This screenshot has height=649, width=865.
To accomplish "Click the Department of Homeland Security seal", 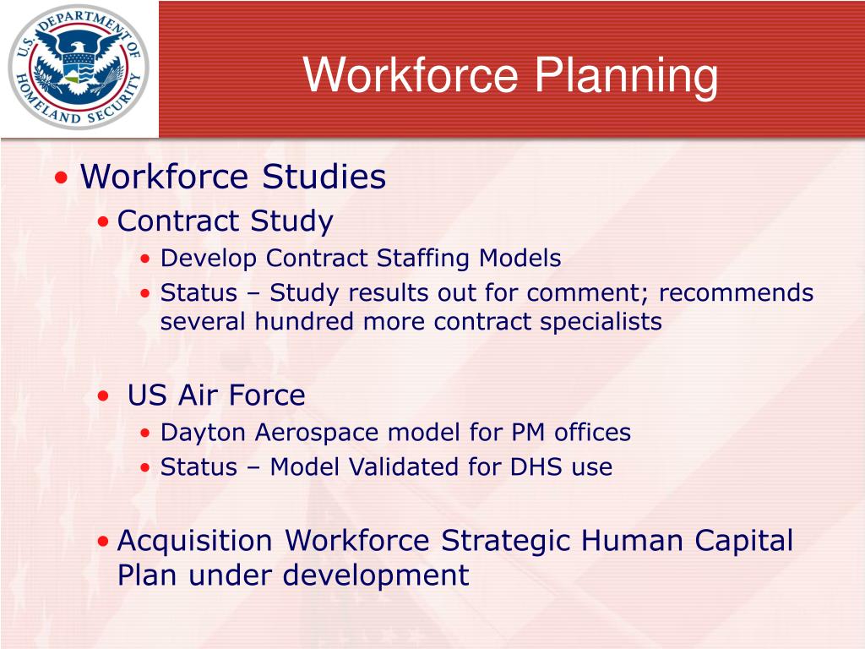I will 79,67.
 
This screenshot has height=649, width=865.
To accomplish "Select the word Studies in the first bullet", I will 324,177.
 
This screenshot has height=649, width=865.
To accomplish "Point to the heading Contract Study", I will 225,221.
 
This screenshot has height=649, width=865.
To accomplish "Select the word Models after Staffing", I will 520,258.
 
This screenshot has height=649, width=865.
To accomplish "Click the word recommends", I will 736,293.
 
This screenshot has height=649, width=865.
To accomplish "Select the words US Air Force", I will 216,395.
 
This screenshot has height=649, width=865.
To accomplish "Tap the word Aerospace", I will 313,433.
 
